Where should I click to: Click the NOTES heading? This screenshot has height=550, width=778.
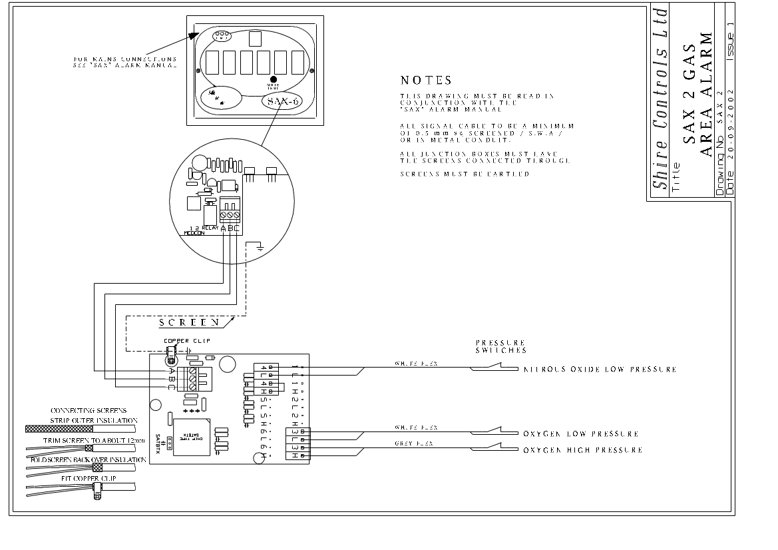coord(426,81)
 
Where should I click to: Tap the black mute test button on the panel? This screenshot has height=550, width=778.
coord(273,79)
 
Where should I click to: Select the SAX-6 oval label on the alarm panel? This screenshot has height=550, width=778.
coord(283,101)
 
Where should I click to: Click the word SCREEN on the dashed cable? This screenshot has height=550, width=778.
coord(189,323)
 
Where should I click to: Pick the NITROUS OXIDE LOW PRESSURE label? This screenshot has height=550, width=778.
coord(600,369)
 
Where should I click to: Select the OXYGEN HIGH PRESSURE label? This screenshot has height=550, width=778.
coord(582,450)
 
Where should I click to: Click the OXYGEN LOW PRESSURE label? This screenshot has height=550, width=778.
coord(580,434)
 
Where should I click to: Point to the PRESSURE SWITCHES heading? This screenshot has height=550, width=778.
coord(500,346)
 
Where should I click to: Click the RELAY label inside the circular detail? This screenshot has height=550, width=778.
coord(210,228)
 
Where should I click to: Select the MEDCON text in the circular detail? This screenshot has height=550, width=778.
coord(195,234)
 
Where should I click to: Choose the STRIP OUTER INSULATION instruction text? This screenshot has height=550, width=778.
coord(94,421)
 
